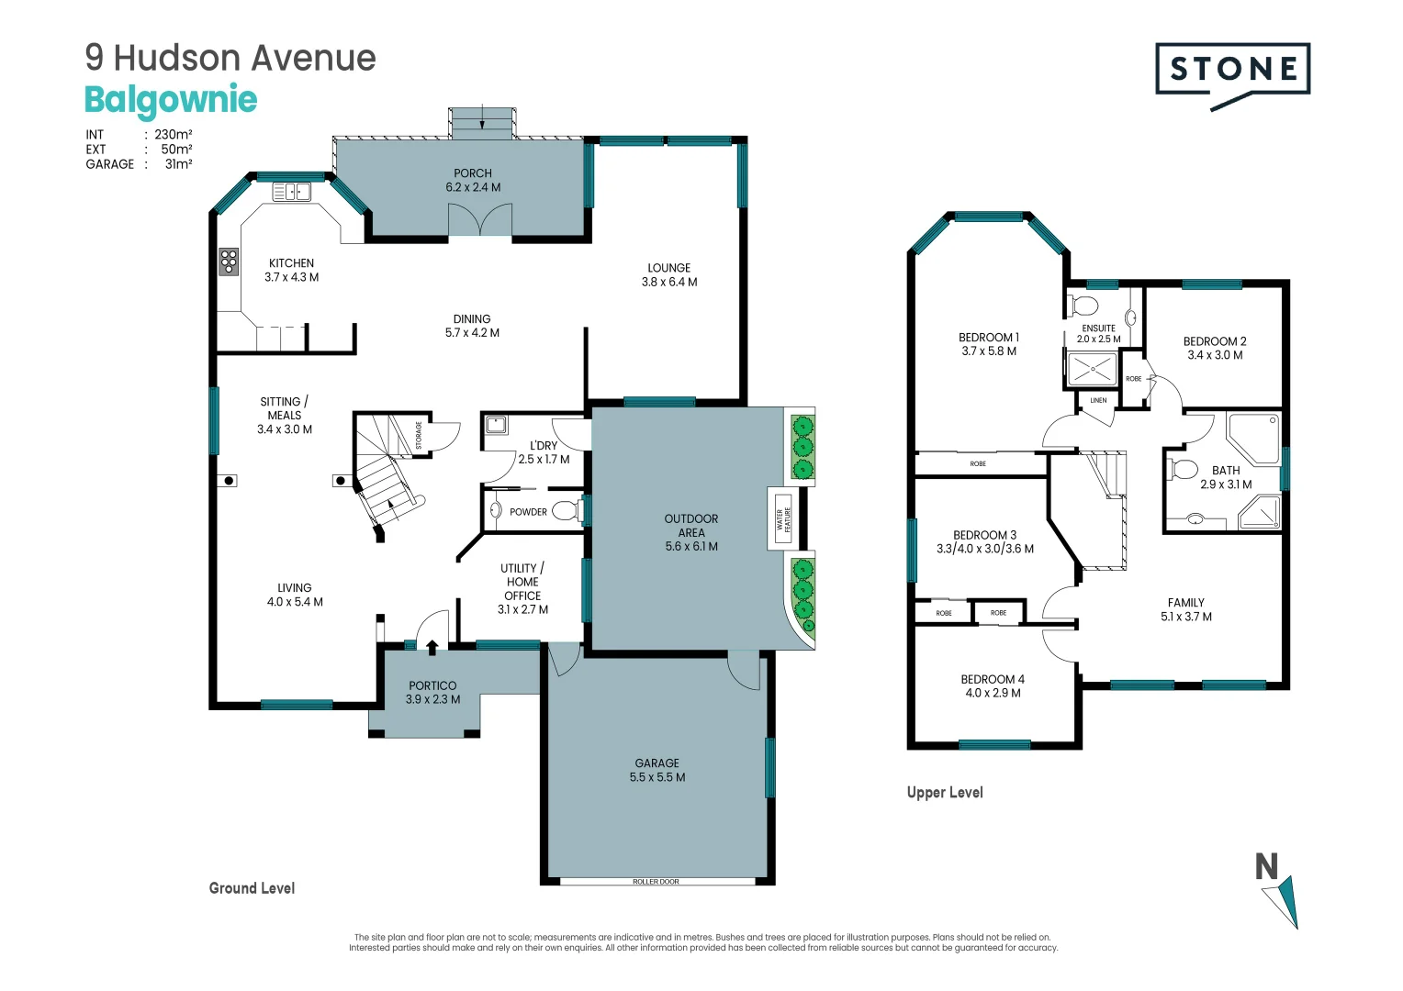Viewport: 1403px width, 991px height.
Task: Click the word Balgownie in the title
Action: click(171, 99)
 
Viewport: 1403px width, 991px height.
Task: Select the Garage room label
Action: click(657, 763)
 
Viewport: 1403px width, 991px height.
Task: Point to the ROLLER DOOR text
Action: click(656, 882)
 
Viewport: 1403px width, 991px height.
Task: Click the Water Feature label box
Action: click(783, 519)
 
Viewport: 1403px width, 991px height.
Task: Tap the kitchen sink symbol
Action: click(292, 192)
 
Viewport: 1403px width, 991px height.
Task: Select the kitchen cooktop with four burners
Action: click(229, 262)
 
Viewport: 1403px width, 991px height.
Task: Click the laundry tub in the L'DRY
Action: click(496, 425)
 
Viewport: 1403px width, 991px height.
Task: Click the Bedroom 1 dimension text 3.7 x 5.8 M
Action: click(988, 351)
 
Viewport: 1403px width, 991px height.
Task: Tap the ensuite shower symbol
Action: click(1092, 369)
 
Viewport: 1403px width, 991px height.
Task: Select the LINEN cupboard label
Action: click(1098, 401)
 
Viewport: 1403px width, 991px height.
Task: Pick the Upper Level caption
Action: click(944, 793)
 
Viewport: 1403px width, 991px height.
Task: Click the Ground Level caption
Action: click(252, 888)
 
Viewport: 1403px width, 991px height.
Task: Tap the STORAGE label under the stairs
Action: click(419, 435)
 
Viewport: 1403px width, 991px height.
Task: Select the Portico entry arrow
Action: click(432, 648)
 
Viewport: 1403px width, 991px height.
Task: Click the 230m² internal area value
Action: click(174, 134)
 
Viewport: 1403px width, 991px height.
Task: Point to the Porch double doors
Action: click(480, 221)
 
